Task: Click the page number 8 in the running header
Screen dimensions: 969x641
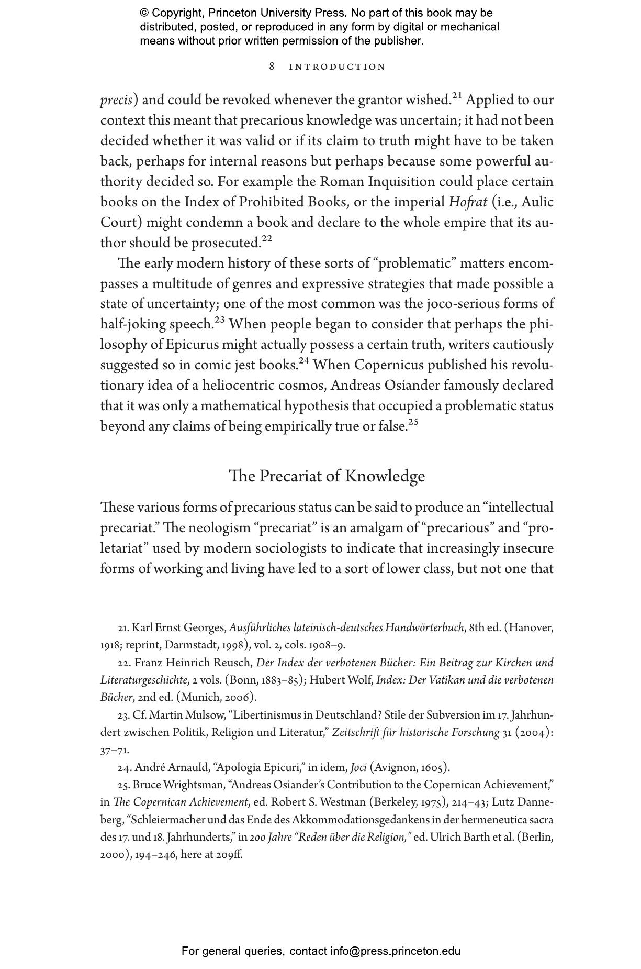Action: (272, 67)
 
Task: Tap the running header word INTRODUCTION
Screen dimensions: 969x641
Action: (338, 67)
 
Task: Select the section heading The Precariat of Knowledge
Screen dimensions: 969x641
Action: (327, 476)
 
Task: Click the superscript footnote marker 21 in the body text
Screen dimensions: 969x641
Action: (457, 96)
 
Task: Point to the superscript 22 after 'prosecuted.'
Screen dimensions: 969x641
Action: (267, 239)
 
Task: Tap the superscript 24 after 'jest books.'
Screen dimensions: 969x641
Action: (304, 360)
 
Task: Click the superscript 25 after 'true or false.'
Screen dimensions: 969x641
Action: (413, 422)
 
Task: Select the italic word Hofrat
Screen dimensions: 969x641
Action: (468, 202)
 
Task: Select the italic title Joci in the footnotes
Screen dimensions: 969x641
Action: (358, 768)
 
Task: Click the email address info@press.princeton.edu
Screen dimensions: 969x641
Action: (395, 951)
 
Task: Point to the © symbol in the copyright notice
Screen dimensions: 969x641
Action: (144, 13)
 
